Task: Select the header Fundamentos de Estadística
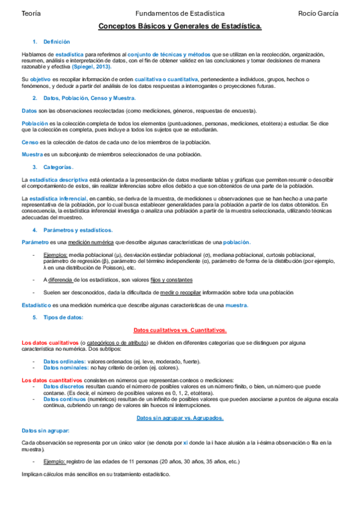tap(180, 13)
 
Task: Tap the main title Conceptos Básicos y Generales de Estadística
tap(180, 27)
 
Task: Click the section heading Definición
tap(56, 42)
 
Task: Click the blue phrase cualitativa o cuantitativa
tap(166, 79)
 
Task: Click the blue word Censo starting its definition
tap(29, 142)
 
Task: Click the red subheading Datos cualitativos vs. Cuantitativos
tap(180, 330)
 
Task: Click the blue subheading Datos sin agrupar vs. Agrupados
tap(180, 417)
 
